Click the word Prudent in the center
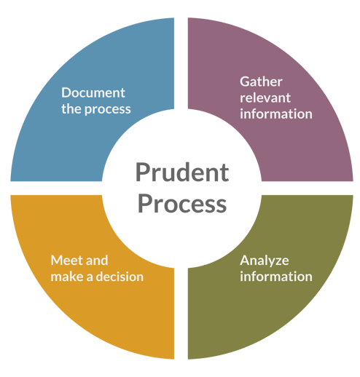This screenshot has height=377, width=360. coord(182,172)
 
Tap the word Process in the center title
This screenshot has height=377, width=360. coord(182,204)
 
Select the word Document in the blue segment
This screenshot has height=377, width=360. coord(93,92)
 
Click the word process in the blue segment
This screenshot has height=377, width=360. coord(108,110)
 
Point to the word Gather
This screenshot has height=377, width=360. coord(261,82)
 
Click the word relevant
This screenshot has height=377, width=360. coord(265,98)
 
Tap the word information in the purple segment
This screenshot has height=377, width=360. coord(276,114)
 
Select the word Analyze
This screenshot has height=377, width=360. coord(265,261)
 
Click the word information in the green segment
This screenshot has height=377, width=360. coord(276,277)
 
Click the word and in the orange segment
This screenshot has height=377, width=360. coord(97,261)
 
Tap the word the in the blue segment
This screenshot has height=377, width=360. coord(71,108)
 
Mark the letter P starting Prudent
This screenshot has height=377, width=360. coord(143,172)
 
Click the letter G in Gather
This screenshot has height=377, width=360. coord(245,82)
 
